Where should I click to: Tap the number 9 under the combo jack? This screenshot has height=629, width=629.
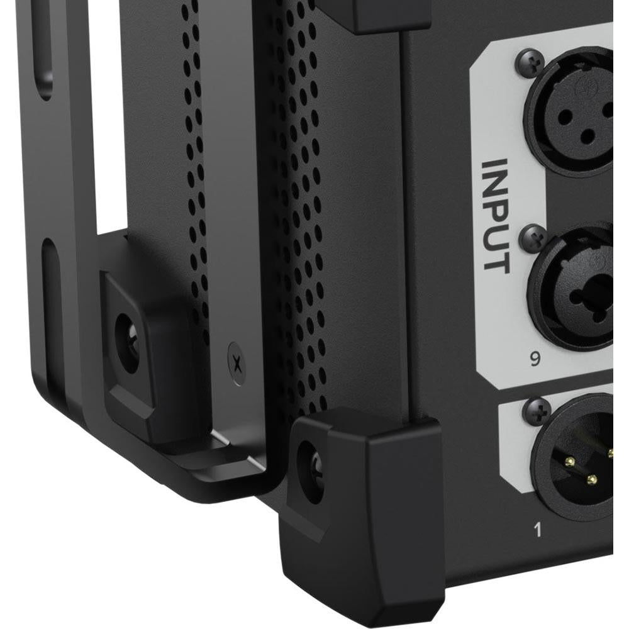(535, 359)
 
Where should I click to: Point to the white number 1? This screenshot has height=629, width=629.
(538, 530)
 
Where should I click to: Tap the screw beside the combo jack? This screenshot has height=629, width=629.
(533, 238)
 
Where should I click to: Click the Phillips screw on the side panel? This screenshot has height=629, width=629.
(237, 364)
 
